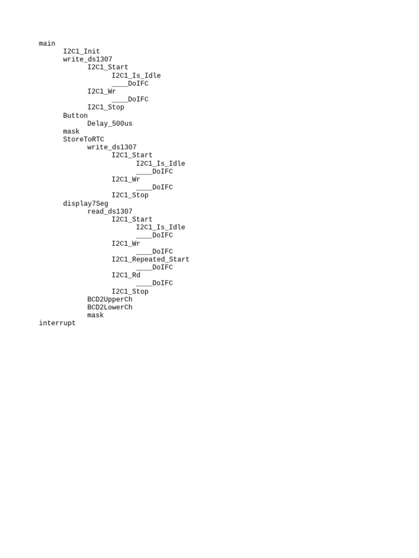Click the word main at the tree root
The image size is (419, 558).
click(47, 44)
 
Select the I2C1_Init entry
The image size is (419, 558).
click(81, 52)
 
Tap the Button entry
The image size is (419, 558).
click(75, 116)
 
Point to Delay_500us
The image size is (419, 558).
click(110, 124)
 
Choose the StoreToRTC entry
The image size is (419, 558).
click(83, 139)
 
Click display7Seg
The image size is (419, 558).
click(86, 204)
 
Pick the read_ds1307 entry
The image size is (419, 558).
click(110, 211)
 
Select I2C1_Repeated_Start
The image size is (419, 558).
click(151, 259)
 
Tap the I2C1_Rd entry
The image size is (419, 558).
click(126, 275)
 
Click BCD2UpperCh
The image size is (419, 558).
click(110, 300)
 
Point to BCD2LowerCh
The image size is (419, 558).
click(110, 307)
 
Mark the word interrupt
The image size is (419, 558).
click(57, 323)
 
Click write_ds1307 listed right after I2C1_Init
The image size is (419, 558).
click(87, 59)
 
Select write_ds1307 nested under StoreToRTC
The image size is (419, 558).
click(112, 147)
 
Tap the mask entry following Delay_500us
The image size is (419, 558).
click(71, 131)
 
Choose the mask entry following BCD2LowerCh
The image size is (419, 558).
click(95, 316)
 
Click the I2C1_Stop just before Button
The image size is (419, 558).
click(106, 107)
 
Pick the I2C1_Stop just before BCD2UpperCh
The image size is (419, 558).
click(130, 292)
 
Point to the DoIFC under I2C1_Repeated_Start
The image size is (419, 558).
click(162, 267)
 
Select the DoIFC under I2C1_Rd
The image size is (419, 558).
click(162, 283)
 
